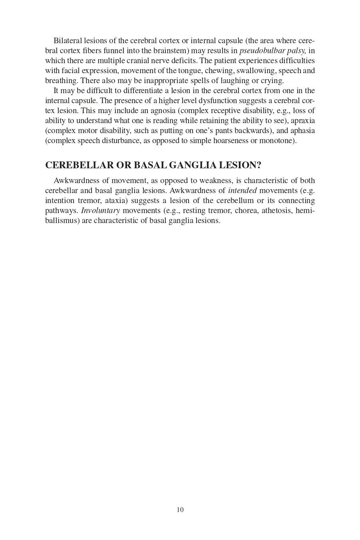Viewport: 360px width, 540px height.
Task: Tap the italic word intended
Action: point(242,191)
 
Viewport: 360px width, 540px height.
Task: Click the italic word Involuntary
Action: point(100,211)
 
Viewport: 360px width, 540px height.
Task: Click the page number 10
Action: point(180,510)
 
